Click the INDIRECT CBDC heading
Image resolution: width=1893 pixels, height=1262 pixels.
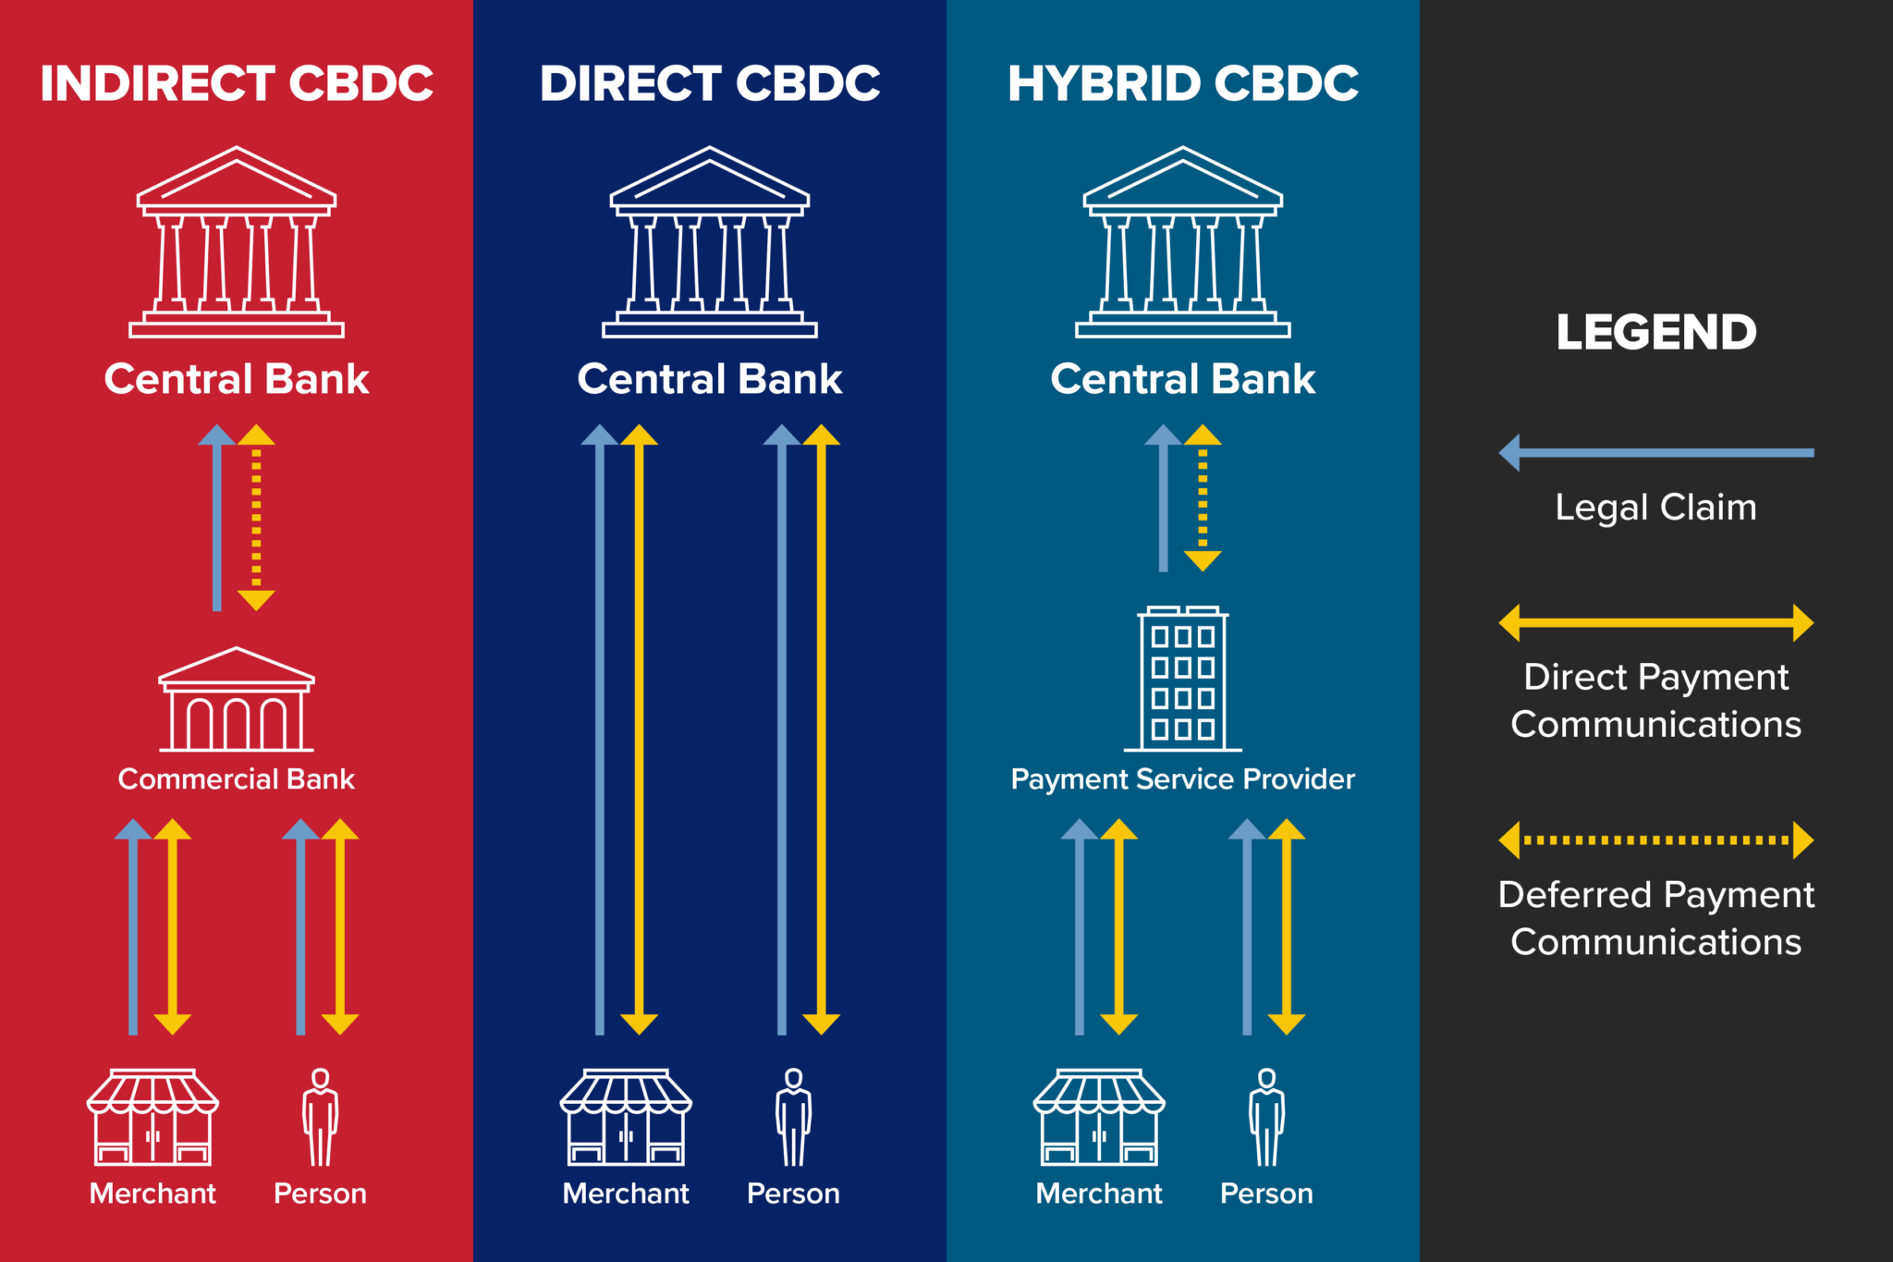click(237, 83)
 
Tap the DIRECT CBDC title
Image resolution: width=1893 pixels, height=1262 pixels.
click(710, 83)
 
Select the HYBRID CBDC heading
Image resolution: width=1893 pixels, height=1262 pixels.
click(1183, 83)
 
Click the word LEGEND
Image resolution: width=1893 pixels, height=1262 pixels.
click(1656, 333)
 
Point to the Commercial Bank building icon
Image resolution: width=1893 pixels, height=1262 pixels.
click(237, 700)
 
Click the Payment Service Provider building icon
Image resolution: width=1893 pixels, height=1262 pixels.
click(1183, 680)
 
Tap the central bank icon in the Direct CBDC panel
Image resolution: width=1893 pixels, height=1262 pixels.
click(710, 242)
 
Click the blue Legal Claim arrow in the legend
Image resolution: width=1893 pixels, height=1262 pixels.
click(1656, 453)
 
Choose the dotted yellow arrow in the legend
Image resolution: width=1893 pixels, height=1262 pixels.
click(1656, 840)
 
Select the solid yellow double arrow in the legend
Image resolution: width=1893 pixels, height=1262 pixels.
click(1656, 623)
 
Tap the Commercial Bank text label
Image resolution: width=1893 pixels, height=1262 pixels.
click(237, 779)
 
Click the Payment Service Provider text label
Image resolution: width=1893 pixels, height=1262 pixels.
click(1183, 779)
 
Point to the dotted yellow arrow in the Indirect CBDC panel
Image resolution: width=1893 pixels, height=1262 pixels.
click(256, 518)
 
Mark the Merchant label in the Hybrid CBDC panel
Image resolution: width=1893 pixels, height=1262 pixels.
click(1099, 1194)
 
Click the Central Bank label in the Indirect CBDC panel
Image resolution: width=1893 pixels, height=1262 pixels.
click(237, 379)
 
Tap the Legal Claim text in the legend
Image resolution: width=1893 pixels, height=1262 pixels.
click(1656, 508)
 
